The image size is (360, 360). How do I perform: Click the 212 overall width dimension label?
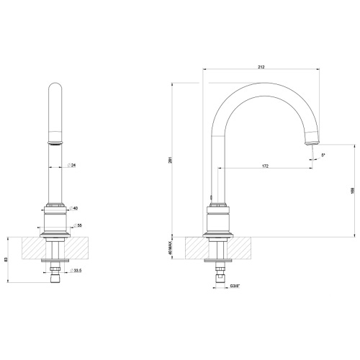pyautogui.click(x=261, y=67)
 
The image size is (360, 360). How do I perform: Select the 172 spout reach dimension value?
pyautogui.click(x=265, y=166)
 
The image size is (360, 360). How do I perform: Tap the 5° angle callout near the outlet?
pyautogui.click(x=323, y=155)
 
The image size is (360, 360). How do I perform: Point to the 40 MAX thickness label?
pyautogui.click(x=170, y=248)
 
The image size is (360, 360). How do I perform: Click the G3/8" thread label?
pyautogui.click(x=235, y=286)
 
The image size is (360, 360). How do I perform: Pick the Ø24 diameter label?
pyautogui.click(x=72, y=165)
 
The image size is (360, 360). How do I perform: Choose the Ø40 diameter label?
pyautogui.click(x=73, y=208)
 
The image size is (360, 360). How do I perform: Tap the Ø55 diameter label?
pyautogui.click(x=78, y=225)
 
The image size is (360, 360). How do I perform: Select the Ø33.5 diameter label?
pyautogui.click(x=76, y=271)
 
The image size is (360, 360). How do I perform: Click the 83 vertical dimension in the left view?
pyautogui.click(x=6, y=259)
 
